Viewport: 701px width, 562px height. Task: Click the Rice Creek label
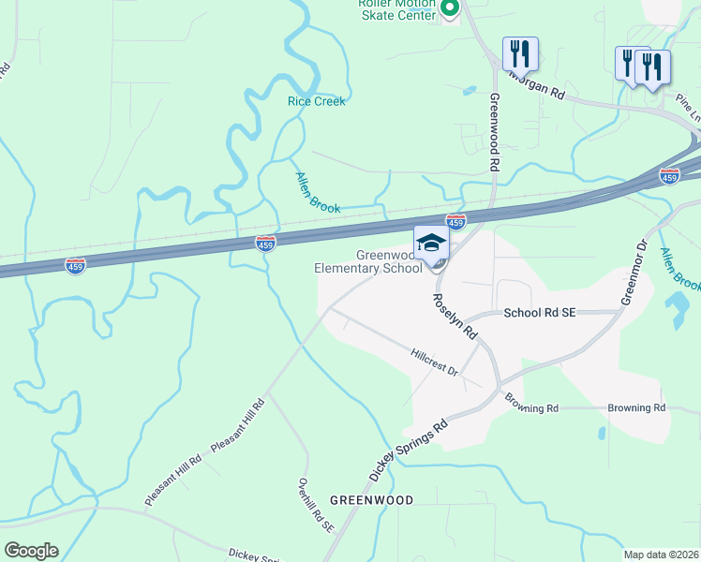317,101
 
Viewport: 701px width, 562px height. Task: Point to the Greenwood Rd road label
494,130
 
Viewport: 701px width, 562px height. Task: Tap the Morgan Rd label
537,85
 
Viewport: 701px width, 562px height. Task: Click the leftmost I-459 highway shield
77,266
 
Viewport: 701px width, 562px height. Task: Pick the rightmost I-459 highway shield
669,175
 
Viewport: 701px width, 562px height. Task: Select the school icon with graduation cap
431,243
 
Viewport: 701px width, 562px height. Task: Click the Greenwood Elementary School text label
368,261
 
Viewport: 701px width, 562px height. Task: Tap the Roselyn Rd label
455,316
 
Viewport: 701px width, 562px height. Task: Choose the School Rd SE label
539,314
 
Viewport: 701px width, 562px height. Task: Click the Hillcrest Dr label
434,362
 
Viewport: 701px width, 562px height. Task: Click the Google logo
31,551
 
